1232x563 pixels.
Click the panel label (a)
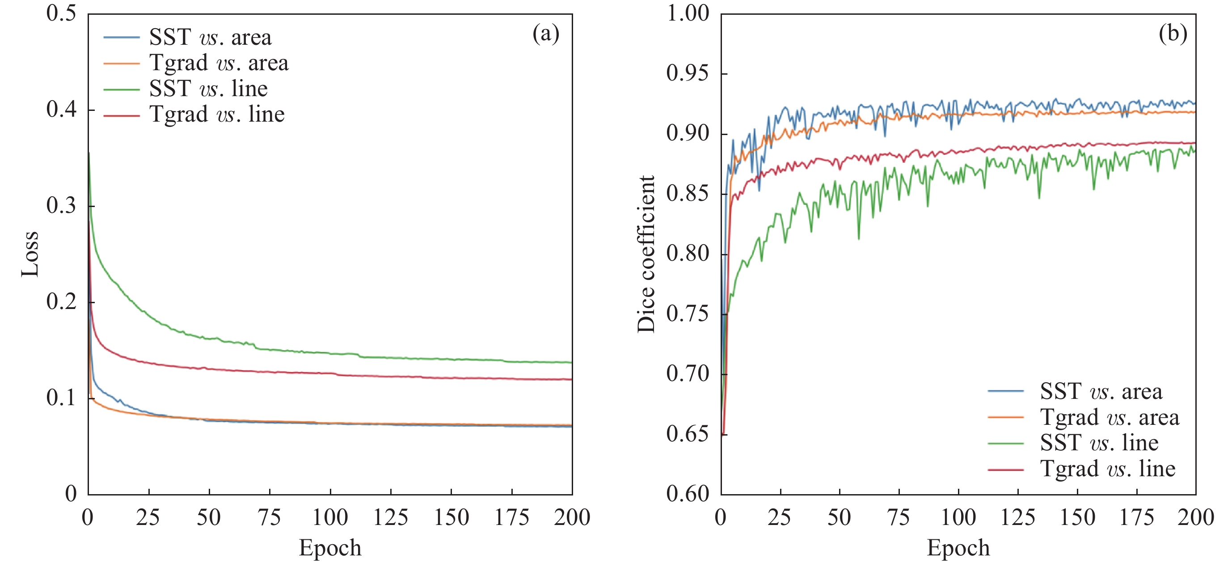545,34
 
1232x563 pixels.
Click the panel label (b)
1172,34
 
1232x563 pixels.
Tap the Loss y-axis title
30,254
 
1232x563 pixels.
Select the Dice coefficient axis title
646,254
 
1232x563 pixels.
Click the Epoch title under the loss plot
330,548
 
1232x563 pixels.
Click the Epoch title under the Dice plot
958,548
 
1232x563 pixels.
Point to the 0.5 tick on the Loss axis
61,13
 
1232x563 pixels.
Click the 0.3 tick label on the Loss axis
61,206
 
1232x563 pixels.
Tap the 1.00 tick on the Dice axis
688,13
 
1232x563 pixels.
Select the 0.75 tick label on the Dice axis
688,314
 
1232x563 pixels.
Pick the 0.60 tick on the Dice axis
688,494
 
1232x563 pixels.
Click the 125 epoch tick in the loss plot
390,517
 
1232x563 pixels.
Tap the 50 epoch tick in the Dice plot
840,517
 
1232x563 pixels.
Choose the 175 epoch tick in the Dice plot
1137,517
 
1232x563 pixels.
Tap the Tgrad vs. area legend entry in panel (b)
1109,418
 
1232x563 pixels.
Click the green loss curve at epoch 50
209,338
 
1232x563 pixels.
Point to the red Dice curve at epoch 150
1077,144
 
